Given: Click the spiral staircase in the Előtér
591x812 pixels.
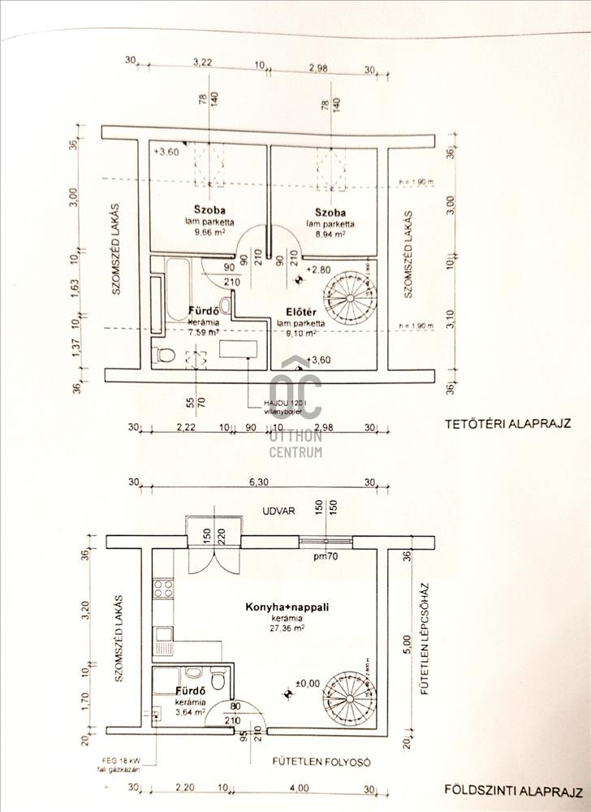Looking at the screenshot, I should [346, 298].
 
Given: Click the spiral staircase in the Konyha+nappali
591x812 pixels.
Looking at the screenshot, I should [346, 696].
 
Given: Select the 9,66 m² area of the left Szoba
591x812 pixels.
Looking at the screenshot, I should [209, 231].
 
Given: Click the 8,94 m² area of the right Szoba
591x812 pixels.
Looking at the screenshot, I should [328, 232].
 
